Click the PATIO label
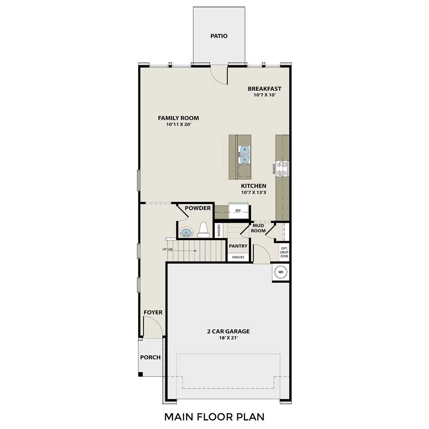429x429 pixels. point(219,36)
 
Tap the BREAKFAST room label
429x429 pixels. point(264,89)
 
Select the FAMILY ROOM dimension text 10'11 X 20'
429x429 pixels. point(178,124)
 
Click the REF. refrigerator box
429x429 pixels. point(238,211)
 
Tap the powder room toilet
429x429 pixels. point(203,230)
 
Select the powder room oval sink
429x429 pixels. point(186,232)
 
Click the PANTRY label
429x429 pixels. point(238,246)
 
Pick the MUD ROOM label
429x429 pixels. point(258,228)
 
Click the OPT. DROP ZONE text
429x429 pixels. point(284,252)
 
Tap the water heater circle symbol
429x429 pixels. point(281,272)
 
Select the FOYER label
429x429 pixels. point(153,313)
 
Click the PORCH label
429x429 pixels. point(150,357)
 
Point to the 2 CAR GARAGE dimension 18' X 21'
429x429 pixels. point(228,338)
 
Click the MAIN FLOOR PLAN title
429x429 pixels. point(214,417)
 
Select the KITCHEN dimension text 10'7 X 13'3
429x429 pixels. point(253,192)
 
